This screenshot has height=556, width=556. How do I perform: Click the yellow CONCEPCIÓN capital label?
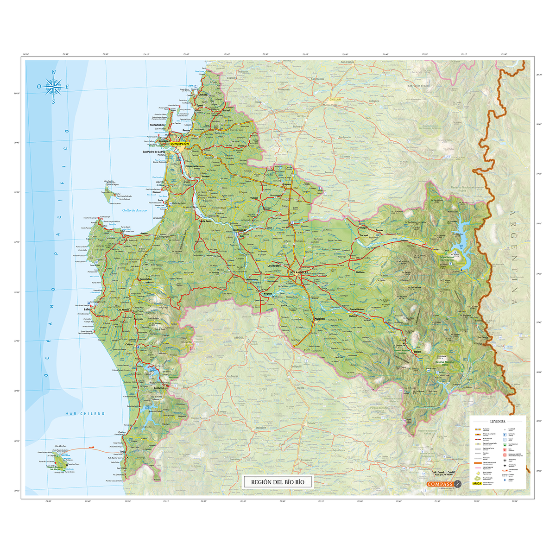point(180,144)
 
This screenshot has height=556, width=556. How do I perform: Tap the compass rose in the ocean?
point(54,86)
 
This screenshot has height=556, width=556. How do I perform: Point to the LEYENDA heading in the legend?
point(497,422)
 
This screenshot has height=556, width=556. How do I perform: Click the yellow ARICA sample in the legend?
point(477,483)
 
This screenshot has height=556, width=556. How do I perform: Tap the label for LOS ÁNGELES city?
point(299,272)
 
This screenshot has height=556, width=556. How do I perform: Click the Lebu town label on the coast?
point(87,309)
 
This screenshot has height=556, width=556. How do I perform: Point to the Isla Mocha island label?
point(47,446)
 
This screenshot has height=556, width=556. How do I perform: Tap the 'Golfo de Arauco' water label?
point(134,210)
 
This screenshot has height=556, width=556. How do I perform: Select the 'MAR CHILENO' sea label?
point(85,413)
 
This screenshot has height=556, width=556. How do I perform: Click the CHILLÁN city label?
point(335,100)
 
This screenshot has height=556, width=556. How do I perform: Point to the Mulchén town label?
point(320,319)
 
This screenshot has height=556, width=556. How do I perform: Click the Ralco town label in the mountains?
point(417,352)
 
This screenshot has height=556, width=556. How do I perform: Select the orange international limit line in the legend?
point(478,462)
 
